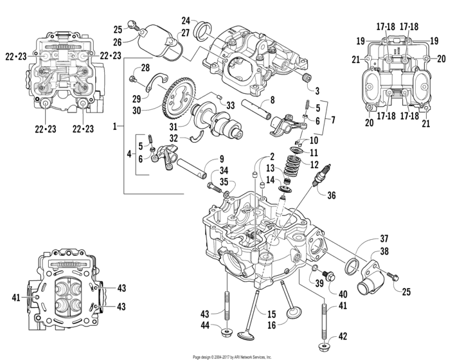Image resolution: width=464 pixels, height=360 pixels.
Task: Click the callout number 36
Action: click(x=332, y=195)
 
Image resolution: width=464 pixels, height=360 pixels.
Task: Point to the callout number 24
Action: click(x=186, y=20)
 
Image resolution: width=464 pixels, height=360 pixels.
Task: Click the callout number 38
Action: click(x=384, y=253)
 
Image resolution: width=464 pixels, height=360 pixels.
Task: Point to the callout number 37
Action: click(x=384, y=239)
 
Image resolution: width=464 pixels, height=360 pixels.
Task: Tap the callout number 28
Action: click(x=145, y=67)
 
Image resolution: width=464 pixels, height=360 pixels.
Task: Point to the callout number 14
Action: click(x=271, y=179)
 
